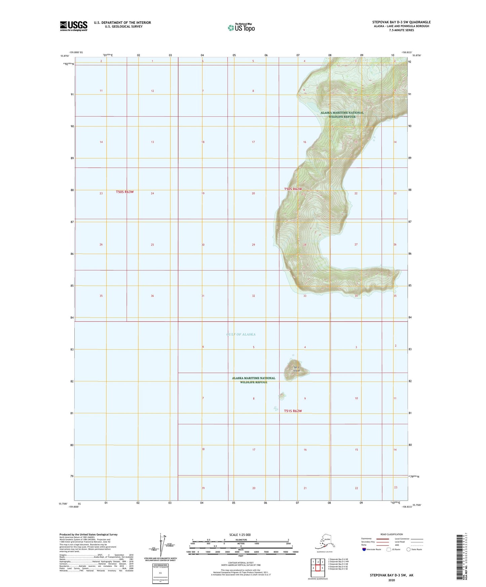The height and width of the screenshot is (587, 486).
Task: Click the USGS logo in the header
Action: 73,26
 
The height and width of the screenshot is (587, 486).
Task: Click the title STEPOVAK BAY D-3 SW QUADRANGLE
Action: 400,22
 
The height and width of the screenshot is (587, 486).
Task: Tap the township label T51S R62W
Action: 293,411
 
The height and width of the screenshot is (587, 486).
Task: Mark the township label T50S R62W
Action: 293,189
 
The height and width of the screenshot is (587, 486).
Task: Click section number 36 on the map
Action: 152,296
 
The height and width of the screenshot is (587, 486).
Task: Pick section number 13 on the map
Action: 152,142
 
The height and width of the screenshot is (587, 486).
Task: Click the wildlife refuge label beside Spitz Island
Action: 254,380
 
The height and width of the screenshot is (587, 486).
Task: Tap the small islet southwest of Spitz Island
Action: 282,396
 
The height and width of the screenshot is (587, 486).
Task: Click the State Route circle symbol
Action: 409,549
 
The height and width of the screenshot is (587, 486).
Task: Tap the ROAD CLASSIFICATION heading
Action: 391,534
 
